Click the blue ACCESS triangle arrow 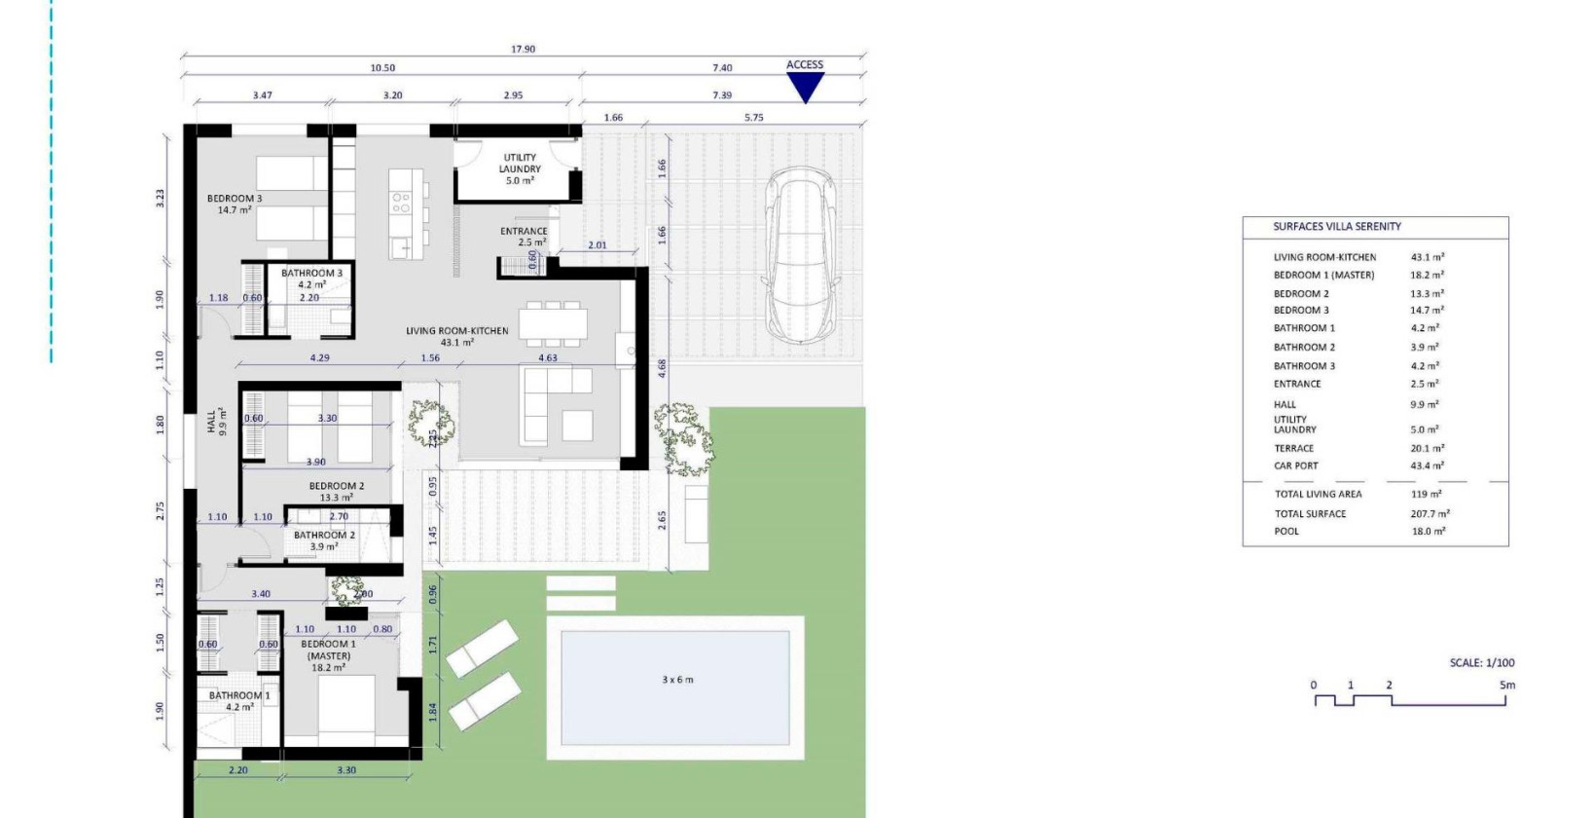805,87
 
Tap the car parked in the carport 801,255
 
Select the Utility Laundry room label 520,168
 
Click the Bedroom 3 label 235,199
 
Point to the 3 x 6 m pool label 677,680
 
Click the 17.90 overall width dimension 523,49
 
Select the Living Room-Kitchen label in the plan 456,331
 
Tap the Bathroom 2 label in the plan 324,536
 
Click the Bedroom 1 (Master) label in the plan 328,650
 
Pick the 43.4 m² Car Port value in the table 1427,465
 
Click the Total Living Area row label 1318,495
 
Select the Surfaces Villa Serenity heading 1337,227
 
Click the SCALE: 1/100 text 1481,663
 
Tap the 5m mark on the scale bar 1506,686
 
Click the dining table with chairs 553,323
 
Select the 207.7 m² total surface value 1430,514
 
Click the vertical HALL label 212,422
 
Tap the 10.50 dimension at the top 382,68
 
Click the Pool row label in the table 1286,532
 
